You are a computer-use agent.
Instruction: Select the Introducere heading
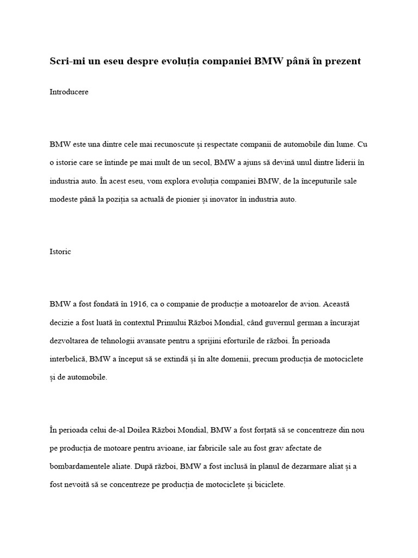(x=69, y=92)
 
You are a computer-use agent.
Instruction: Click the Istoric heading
(x=60, y=252)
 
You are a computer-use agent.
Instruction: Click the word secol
(x=198, y=162)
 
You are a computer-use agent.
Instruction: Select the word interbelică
(x=68, y=360)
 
